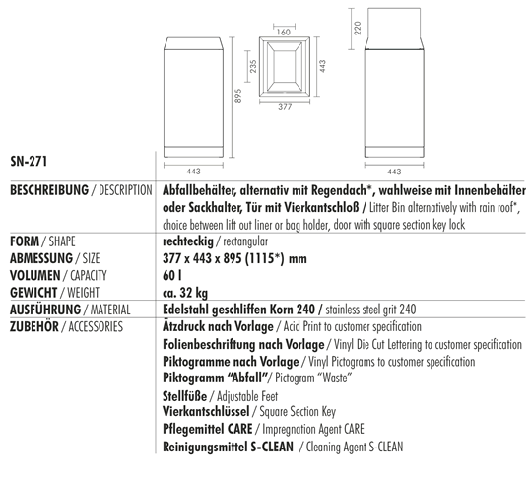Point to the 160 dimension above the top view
click(283, 33)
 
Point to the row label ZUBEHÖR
click(36, 326)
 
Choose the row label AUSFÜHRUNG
click(45, 309)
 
